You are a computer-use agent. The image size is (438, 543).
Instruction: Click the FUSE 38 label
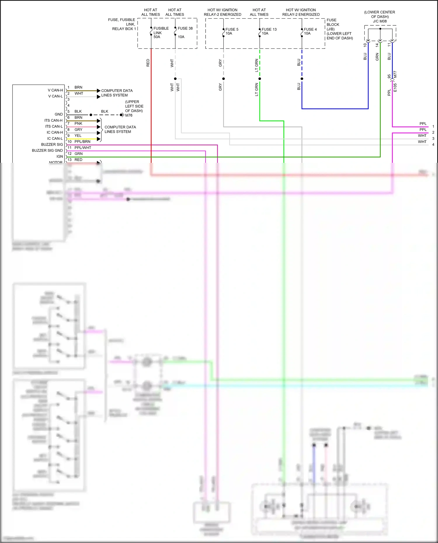[185, 28]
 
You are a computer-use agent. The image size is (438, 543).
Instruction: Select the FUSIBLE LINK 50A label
[161, 32]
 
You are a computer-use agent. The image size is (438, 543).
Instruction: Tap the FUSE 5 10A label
[232, 31]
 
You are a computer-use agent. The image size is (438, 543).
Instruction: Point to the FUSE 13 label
[269, 29]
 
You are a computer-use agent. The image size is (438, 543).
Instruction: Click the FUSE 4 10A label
[310, 31]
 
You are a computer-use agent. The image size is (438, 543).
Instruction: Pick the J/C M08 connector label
[380, 21]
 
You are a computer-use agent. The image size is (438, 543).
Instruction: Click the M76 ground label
[129, 115]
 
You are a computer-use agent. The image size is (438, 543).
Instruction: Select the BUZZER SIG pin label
[52, 144]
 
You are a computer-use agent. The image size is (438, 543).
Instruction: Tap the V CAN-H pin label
[55, 90]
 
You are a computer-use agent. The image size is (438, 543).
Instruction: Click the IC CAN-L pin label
[55, 139]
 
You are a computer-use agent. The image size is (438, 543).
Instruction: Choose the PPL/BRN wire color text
[82, 142]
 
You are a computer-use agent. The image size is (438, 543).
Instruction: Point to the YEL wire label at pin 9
[78, 136]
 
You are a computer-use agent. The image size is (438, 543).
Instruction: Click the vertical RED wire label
[148, 63]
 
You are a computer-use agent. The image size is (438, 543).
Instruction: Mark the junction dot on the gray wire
[223, 79]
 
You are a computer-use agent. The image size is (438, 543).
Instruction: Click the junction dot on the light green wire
[260, 79]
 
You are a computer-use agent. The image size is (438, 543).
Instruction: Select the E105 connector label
[395, 88]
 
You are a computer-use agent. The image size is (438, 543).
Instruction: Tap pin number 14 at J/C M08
[377, 45]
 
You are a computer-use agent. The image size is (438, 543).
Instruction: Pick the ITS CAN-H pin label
[53, 121]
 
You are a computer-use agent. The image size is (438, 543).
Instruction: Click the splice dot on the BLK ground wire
[91, 115]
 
